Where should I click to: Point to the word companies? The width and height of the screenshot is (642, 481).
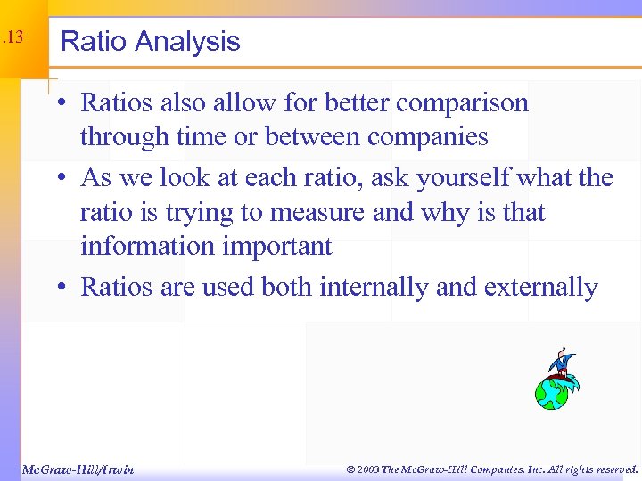coord(427,137)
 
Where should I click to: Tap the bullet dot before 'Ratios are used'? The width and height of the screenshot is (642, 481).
coord(67,288)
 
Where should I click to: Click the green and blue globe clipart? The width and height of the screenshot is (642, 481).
coord(552,391)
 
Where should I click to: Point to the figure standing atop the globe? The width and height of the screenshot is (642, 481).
coord(560,362)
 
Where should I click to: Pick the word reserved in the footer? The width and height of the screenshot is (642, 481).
coord(611,469)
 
